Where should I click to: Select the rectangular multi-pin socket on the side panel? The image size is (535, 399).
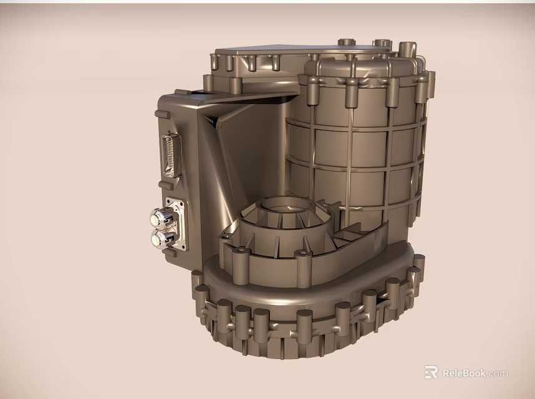[x=169, y=154]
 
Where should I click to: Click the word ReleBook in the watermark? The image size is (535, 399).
[x=465, y=373]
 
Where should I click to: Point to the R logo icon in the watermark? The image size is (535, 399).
[x=431, y=373]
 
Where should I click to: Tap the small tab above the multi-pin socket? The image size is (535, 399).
[x=161, y=115]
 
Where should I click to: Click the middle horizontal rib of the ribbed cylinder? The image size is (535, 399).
[x=355, y=163]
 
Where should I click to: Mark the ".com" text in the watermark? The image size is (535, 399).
[x=498, y=373]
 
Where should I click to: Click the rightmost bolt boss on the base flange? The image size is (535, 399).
[x=418, y=264]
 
